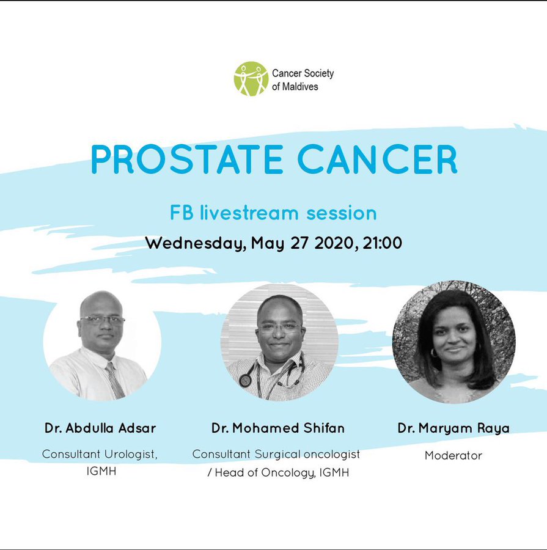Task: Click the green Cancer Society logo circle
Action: [251, 79]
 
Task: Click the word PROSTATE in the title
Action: [187, 159]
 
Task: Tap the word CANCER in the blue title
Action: [378, 159]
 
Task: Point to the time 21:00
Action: [382, 243]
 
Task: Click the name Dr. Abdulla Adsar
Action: [100, 428]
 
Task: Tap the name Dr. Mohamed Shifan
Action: [278, 428]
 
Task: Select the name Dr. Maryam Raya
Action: [453, 428]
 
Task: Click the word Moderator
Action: [453, 455]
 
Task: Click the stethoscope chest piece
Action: [244, 381]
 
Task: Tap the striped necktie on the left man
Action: [114, 381]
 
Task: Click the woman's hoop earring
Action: [434, 353]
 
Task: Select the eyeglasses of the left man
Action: [103, 320]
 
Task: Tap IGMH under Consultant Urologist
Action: [101, 471]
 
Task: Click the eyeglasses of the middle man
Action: [280, 328]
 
